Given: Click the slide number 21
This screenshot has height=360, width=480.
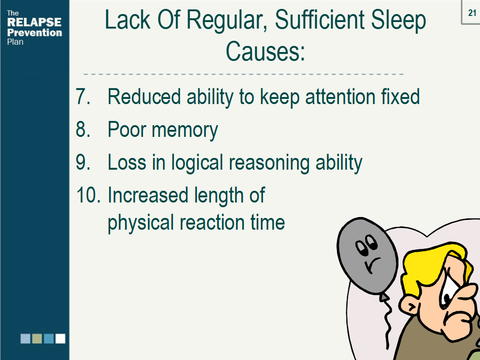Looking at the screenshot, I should [472, 13].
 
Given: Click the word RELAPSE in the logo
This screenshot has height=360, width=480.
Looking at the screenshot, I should [34, 22].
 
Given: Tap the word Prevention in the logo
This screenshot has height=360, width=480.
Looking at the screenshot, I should [34, 32].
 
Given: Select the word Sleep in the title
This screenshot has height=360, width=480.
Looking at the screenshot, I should [397, 21].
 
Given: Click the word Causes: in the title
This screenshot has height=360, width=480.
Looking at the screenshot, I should [265, 51].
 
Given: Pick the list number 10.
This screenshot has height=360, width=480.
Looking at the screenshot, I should [88, 195].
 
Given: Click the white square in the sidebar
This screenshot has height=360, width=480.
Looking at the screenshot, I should [60, 338].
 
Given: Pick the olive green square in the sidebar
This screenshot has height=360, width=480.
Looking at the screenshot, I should [37, 338].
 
